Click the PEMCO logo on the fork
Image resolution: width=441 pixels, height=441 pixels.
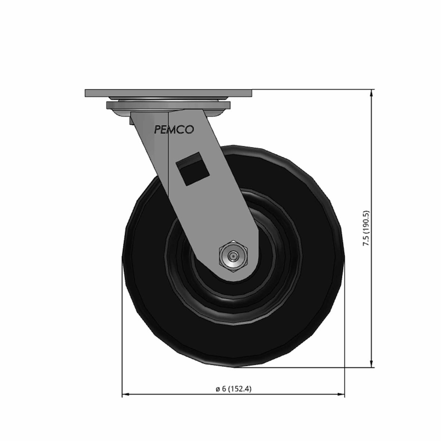[x=174, y=129]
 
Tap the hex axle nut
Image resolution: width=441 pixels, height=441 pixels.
[x=233, y=256]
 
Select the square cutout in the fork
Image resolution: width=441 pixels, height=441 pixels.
[x=193, y=169]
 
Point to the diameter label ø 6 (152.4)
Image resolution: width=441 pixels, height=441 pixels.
[x=233, y=388]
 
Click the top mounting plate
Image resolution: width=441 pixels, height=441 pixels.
[x=168, y=93]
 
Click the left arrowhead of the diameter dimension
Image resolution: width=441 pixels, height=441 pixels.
[x=126, y=394]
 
